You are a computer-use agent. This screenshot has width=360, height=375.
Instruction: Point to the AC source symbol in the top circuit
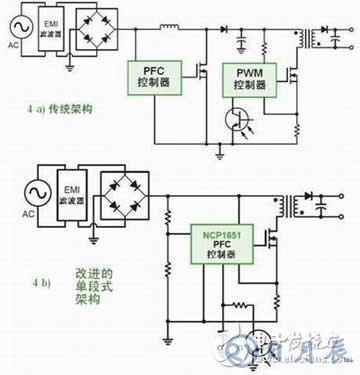(14, 29)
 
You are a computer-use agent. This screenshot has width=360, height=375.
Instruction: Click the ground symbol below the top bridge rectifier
(68, 69)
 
